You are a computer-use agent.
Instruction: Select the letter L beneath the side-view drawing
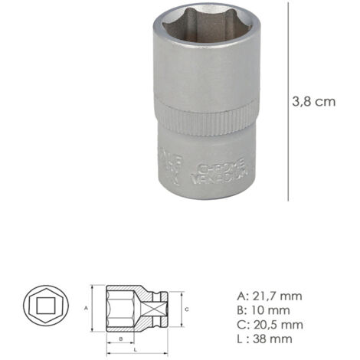coord(136,349)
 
